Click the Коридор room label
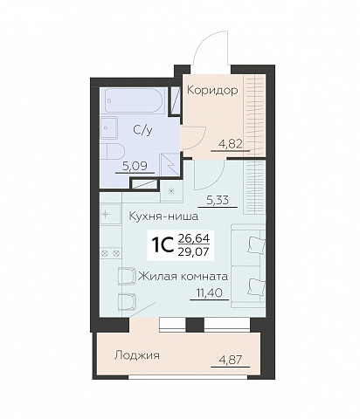click(x=212, y=91)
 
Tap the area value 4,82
click(x=231, y=144)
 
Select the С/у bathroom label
click(x=142, y=130)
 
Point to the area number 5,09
click(x=135, y=166)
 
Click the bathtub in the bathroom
click(x=135, y=100)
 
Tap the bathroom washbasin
click(x=109, y=127)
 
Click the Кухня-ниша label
click(x=163, y=216)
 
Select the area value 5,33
click(x=218, y=200)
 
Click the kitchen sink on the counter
click(x=110, y=214)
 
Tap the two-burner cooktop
click(x=110, y=253)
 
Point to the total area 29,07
click(x=193, y=251)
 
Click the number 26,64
click(x=194, y=239)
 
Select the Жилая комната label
click(x=183, y=276)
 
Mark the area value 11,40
click(x=210, y=293)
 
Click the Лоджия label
click(x=137, y=355)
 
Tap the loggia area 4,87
click(x=231, y=360)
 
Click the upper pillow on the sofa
click(x=256, y=244)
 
